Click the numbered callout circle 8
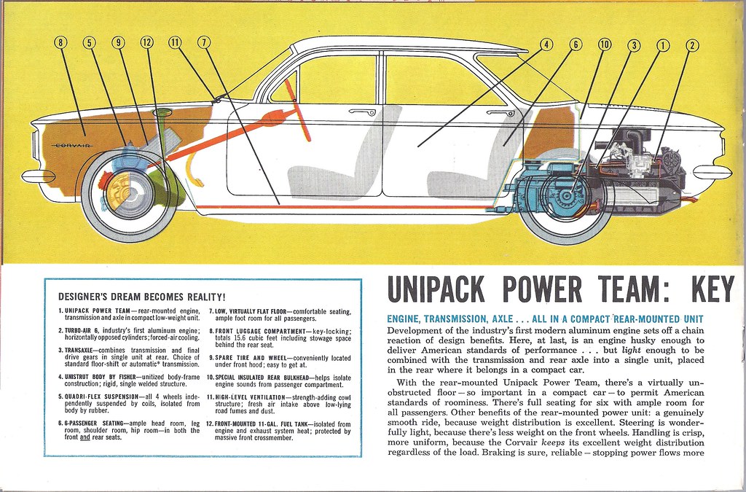(60, 42)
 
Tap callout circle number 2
(691, 45)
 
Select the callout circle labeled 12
(147, 42)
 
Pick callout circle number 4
(546, 45)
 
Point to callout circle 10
(604, 45)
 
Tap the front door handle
(361, 112)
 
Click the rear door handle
(500, 113)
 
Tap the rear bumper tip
(712, 172)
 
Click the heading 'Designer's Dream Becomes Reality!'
(141, 297)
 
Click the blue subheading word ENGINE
(408, 319)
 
